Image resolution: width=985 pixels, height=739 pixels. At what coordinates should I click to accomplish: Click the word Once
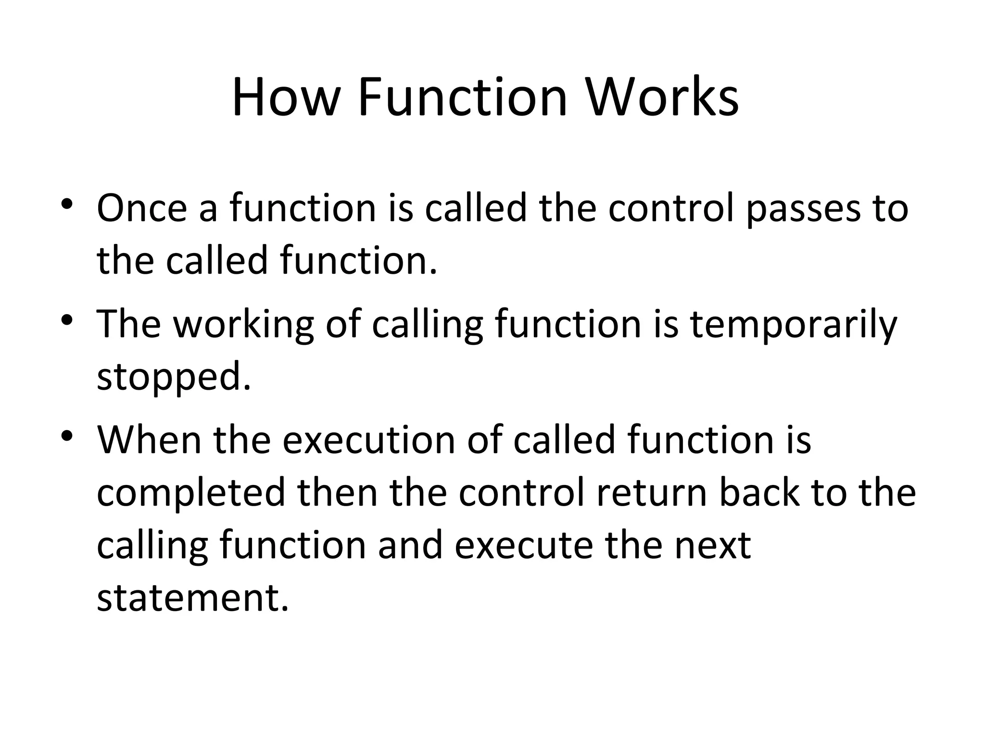142,208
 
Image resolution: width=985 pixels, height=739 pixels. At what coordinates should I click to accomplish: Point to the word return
652,493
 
